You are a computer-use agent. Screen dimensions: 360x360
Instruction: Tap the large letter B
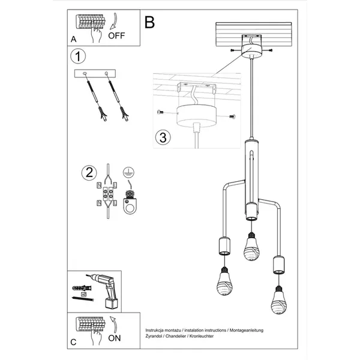coord(149,22)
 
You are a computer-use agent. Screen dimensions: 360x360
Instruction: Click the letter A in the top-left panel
coord(73,39)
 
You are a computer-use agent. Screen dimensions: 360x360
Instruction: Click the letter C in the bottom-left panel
coord(73,343)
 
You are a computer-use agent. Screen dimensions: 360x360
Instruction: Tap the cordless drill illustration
coord(107,288)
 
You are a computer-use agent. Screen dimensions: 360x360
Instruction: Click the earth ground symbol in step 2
coord(127,172)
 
